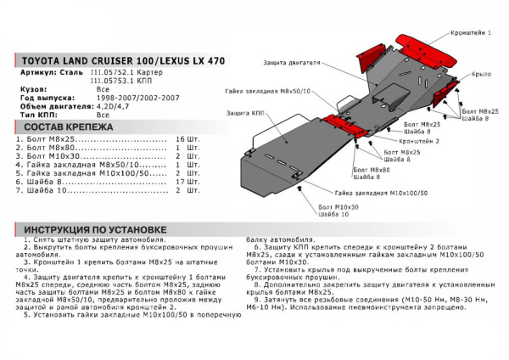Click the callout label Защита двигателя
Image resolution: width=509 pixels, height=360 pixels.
click(291, 63)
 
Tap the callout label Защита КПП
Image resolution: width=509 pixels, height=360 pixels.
click(244, 112)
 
